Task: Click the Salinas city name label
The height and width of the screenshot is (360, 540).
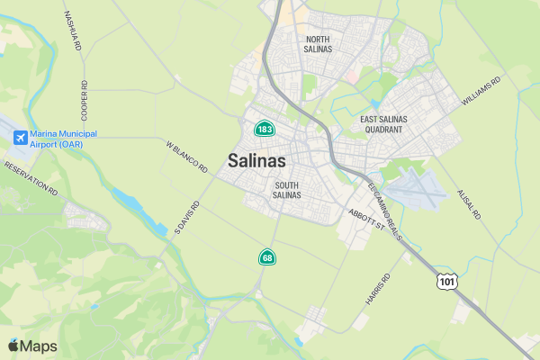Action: [256, 162]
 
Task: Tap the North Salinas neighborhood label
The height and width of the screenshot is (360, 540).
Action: [319, 44]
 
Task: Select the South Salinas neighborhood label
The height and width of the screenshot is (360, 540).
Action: [287, 190]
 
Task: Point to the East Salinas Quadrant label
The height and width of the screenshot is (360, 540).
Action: [383, 124]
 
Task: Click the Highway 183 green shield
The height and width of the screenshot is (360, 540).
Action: [264, 130]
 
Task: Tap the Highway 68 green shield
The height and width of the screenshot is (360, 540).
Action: [267, 257]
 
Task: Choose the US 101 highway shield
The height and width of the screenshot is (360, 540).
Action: [447, 282]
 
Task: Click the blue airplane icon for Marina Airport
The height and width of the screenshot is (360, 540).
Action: [21, 139]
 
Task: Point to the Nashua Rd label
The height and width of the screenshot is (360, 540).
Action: [74, 31]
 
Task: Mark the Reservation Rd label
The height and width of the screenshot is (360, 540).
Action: [31, 179]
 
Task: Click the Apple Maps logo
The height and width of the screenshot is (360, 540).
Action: [32, 346]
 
